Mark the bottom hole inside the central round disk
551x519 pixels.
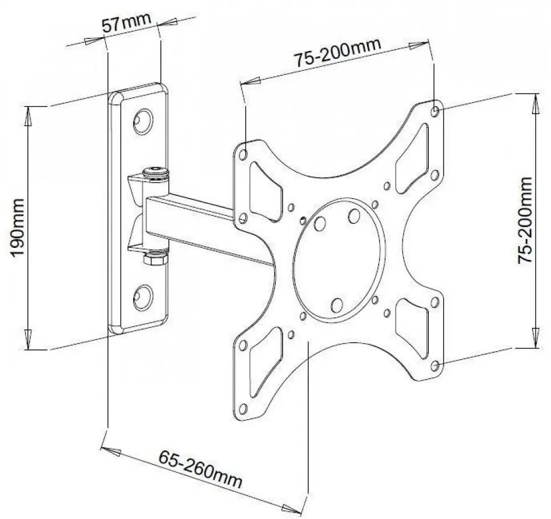pos(337,305)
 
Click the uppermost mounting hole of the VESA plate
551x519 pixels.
pos(436,110)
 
